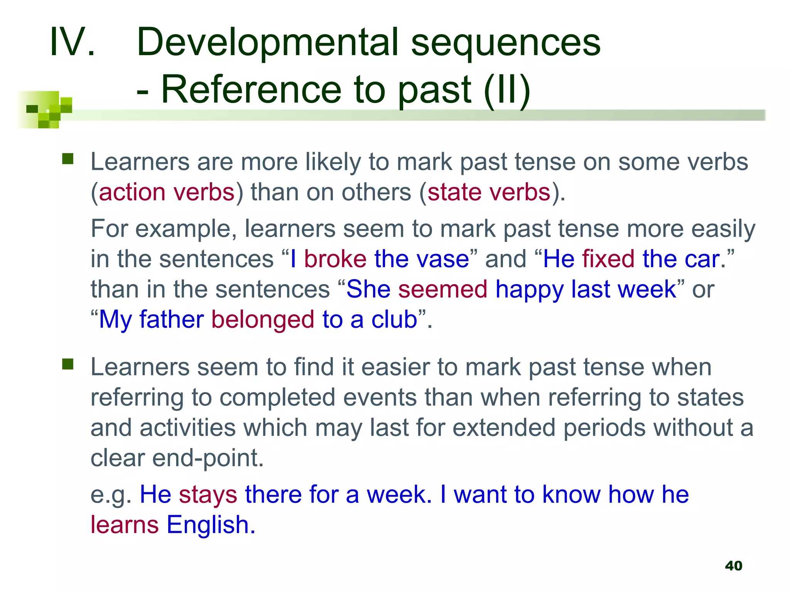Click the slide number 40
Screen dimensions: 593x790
(x=733, y=566)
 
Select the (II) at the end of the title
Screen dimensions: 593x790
(x=507, y=90)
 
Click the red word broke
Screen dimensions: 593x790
(x=335, y=259)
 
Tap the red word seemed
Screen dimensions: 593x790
(x=442, y=289)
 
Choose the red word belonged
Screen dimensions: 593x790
(x=263, y=320)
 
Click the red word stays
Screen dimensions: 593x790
(x=208, y=495)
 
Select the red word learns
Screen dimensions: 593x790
(x=124, y=525)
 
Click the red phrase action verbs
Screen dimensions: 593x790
(x=167, y=192)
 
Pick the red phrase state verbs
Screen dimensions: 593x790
(x=489, y=192)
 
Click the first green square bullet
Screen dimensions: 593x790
(x=68, y=159)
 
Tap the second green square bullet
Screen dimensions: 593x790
(x=68, y=364)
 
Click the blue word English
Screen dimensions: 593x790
(x=211, y=525)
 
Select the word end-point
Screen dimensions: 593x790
(x=208, y=458)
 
